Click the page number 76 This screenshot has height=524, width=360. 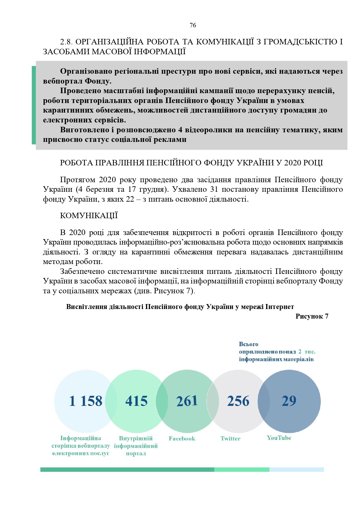[193, 25]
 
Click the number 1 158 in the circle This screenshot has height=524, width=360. [86, 401]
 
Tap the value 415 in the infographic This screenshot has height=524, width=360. [136, 401]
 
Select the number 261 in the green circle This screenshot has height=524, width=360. [187, 401]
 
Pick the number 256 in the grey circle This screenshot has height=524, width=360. [238, 401]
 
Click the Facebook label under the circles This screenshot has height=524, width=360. [182, 438]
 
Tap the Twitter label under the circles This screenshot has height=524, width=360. [231, 438]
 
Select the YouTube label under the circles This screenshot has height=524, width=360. [279, 438]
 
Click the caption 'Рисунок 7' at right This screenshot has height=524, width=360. [312, 316]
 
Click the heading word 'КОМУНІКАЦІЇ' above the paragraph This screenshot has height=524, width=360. [89, 216]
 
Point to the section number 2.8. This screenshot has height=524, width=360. [66, 42]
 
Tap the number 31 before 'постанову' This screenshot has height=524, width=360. [213, 189]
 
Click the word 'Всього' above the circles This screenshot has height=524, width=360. [249, 344]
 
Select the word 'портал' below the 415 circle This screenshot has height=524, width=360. [136, 453]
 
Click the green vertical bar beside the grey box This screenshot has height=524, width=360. [34, 105]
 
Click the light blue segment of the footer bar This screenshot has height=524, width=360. [296, 469]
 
